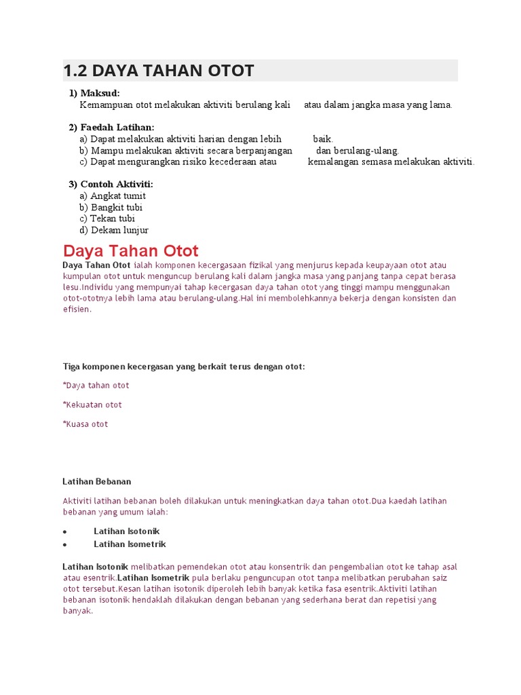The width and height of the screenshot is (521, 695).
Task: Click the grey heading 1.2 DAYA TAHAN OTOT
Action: tap(159, 71)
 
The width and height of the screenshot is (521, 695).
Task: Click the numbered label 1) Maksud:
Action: tap(98, 93)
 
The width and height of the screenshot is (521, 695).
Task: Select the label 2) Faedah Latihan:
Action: tap(111, 128)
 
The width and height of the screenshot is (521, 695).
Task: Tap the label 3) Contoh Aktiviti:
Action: tap(111, 185)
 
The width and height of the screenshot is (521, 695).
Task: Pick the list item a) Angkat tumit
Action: tap(113, 196)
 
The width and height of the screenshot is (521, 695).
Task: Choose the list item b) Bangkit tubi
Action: tap(111, 208)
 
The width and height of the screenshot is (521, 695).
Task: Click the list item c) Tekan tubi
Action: tap(107, 219)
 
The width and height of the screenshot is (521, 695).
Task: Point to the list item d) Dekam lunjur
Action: tap(113, 230)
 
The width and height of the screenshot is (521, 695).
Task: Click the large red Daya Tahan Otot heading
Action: tap(130, 250)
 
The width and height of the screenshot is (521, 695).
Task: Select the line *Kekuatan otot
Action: tap(92, 405)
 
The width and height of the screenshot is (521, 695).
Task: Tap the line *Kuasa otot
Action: tap(85, 424)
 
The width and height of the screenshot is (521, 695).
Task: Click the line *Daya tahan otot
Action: tap(96, 386)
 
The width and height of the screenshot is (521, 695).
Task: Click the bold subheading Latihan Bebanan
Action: tap(96, 482)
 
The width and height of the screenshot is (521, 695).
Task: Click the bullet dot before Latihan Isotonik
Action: tap(64, 532)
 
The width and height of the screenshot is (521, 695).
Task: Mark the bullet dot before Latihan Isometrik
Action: tap(64, 545)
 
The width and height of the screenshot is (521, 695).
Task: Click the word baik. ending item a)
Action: tap(323, 139)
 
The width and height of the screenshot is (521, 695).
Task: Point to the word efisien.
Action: tap(77, 309)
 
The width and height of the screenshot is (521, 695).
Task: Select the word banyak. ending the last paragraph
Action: tap(77, 611)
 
